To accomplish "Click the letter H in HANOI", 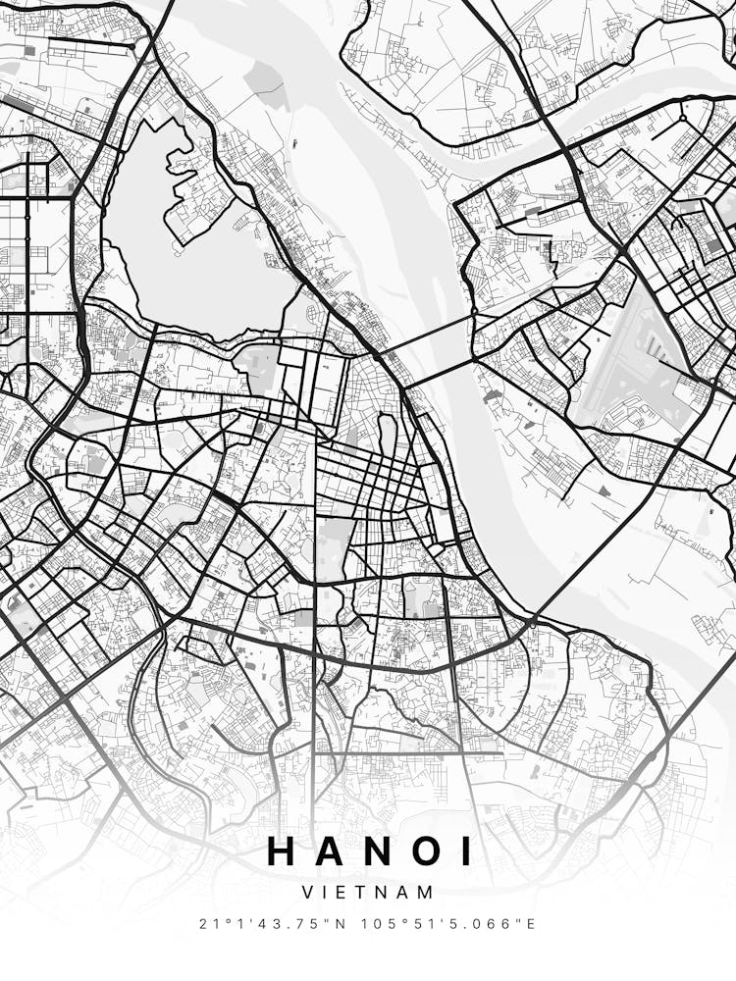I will tap(282, 851).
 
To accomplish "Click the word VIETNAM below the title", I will tap(368, 893).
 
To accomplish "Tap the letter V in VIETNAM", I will tap(308, 893).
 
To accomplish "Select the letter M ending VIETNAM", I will tap(426, 893).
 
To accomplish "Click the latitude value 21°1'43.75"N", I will tap(271, 924).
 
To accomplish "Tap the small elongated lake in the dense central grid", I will tap(388, 437).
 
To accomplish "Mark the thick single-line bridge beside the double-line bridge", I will tap(440, 371).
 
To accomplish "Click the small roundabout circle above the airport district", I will tap(683, 118).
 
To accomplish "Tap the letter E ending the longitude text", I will tap(532, 924).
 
